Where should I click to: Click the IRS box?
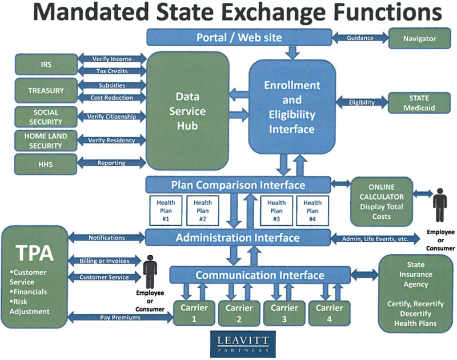46,65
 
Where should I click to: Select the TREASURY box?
46,90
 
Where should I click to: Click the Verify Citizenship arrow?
111,117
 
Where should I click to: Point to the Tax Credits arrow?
111,71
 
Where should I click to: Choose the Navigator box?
419,38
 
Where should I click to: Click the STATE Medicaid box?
419,102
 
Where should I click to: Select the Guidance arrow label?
360,38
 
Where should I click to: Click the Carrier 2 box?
239,313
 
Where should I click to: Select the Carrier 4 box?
328,313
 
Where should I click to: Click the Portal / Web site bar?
239,38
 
